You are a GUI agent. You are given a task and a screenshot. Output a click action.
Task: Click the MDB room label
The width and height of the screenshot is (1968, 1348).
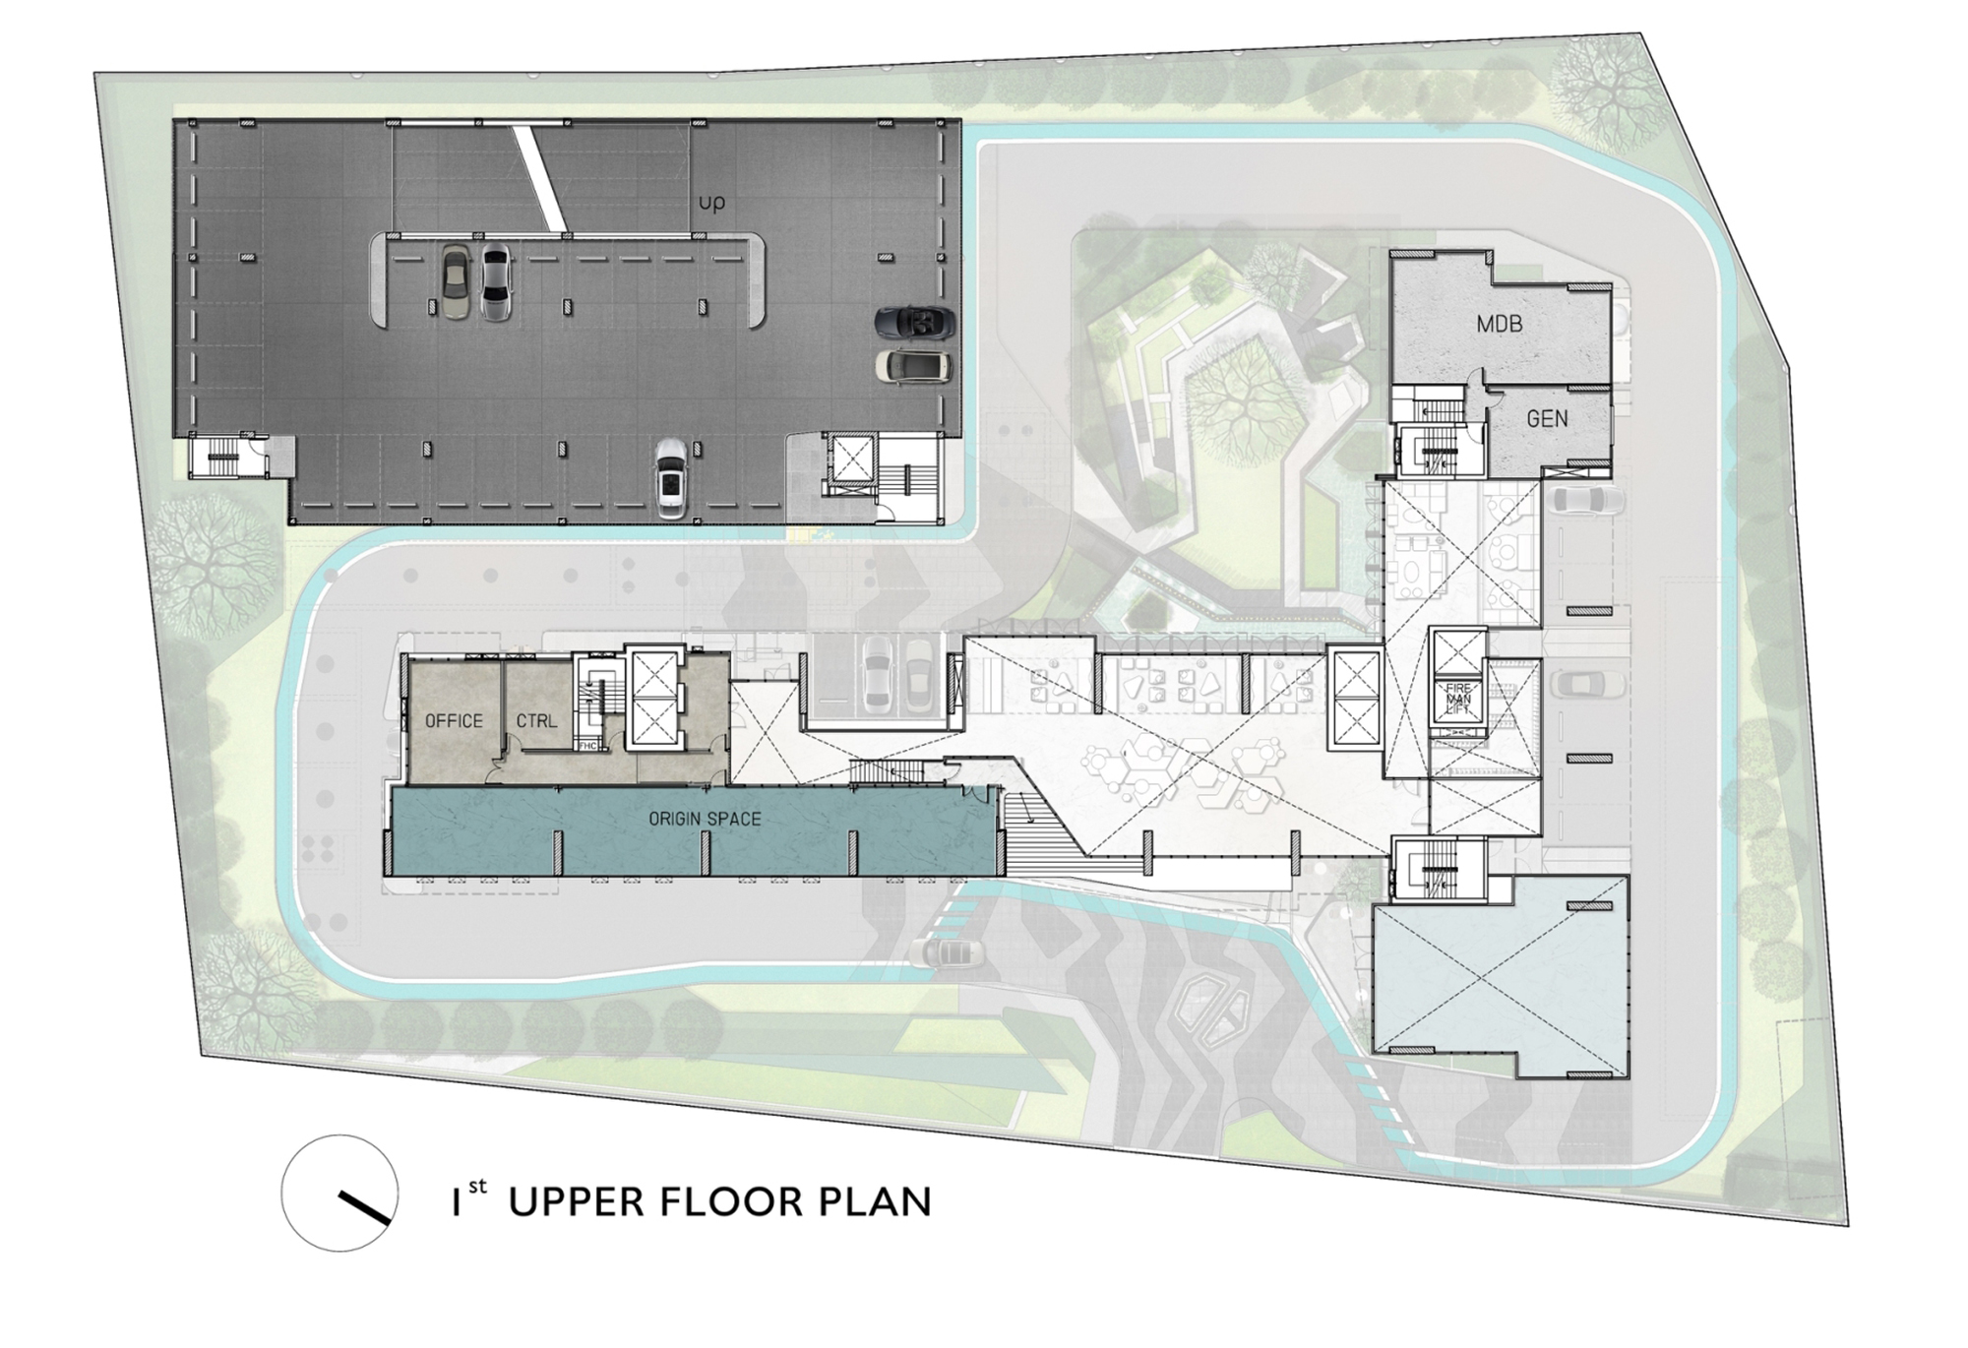click(1500, 323)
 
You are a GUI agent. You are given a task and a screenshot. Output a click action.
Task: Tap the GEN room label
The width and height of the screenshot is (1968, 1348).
click(1547, 419)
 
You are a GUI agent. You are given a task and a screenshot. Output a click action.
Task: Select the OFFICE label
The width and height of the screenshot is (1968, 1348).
click(454, 721)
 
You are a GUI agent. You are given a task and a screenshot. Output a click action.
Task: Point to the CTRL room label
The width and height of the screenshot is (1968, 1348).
click(536, 721)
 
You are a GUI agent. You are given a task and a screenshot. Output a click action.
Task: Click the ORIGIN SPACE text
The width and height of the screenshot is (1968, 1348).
click(705, 819)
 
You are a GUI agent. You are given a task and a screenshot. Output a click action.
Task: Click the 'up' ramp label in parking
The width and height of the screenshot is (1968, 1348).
click(711, 203)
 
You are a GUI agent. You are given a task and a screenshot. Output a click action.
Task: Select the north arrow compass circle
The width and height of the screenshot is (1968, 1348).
click(339, 1193)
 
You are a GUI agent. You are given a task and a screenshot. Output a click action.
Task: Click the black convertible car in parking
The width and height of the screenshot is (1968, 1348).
click(915, 322)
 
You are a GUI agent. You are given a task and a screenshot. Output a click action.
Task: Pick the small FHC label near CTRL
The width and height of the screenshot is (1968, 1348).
click(587, 745)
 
